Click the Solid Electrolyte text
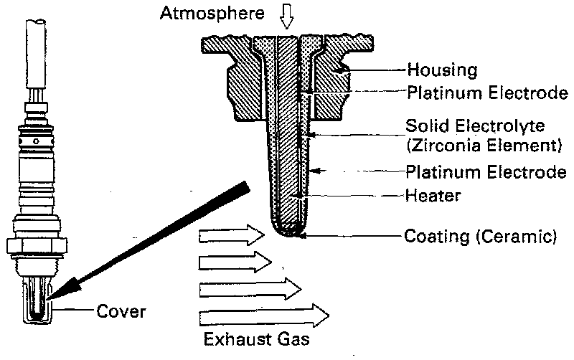475,126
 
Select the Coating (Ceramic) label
481,235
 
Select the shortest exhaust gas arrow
234,262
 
